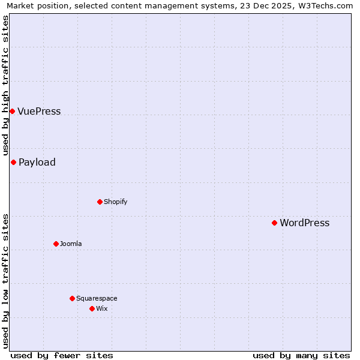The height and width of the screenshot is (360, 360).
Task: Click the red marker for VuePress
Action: pos(12,111)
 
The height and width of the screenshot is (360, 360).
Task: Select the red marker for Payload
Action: pos(13,162)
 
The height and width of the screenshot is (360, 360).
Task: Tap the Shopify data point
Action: pos(100,202)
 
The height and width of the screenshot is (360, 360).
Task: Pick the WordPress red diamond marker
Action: pos(274,223)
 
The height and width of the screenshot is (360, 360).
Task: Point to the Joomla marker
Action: pos(56,244)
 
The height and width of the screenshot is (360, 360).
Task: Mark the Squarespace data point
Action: pos(72,298)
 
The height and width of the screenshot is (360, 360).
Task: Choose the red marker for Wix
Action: pos(92,308)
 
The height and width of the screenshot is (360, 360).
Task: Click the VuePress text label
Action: pos(39,111)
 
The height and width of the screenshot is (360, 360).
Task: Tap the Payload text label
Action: pos(37,162)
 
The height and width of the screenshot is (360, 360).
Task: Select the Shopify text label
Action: pos(116,202)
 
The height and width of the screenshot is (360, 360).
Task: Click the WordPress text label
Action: pos(305,223)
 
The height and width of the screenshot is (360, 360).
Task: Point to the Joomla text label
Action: pos(71,244)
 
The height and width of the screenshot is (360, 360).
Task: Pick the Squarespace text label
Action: pos(97,298)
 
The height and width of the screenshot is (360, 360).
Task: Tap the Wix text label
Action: pos(102,308)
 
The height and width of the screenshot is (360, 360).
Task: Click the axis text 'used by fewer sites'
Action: pos(62,355)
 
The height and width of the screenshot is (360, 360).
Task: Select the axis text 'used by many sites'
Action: pos(301,355)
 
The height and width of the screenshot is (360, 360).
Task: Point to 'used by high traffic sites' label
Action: pos(5,85)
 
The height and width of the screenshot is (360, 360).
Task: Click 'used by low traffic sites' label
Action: pos(5,280)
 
